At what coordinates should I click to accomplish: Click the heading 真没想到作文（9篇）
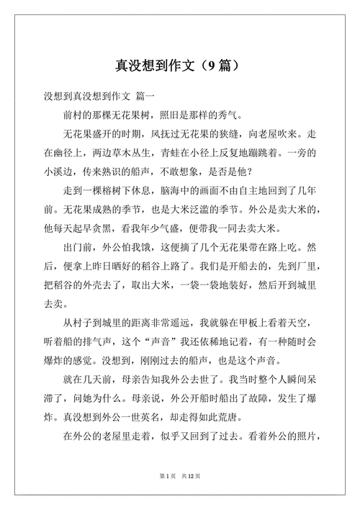tap(179, 66)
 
